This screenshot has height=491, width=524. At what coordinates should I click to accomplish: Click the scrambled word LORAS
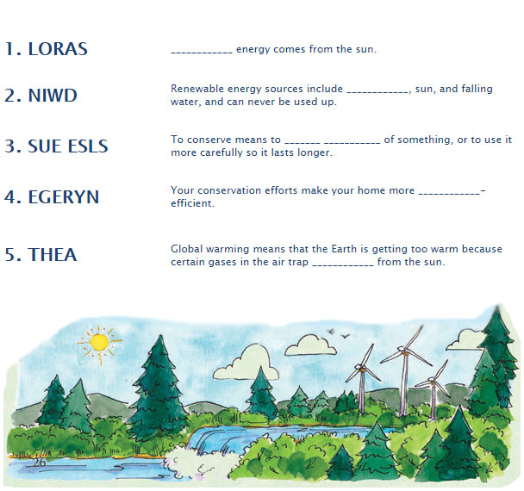pos(58,48)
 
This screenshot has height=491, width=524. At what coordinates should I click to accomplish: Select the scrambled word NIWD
pos(53,95)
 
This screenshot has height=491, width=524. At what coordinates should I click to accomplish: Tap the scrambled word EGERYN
pos(63,196)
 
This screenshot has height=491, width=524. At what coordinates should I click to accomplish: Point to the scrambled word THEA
pos(52,255)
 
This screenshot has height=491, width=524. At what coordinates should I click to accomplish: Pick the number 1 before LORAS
pos(11,48)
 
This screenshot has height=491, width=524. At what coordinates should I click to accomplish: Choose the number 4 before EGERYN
pos(12,196)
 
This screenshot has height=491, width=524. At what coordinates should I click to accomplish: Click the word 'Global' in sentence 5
pos(187,249)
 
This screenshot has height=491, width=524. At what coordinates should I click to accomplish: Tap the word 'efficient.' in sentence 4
pos(192,204)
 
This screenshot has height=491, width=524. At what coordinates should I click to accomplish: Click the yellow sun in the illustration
pos(99,343)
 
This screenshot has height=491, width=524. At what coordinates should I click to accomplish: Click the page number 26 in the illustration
pos(38,463)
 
